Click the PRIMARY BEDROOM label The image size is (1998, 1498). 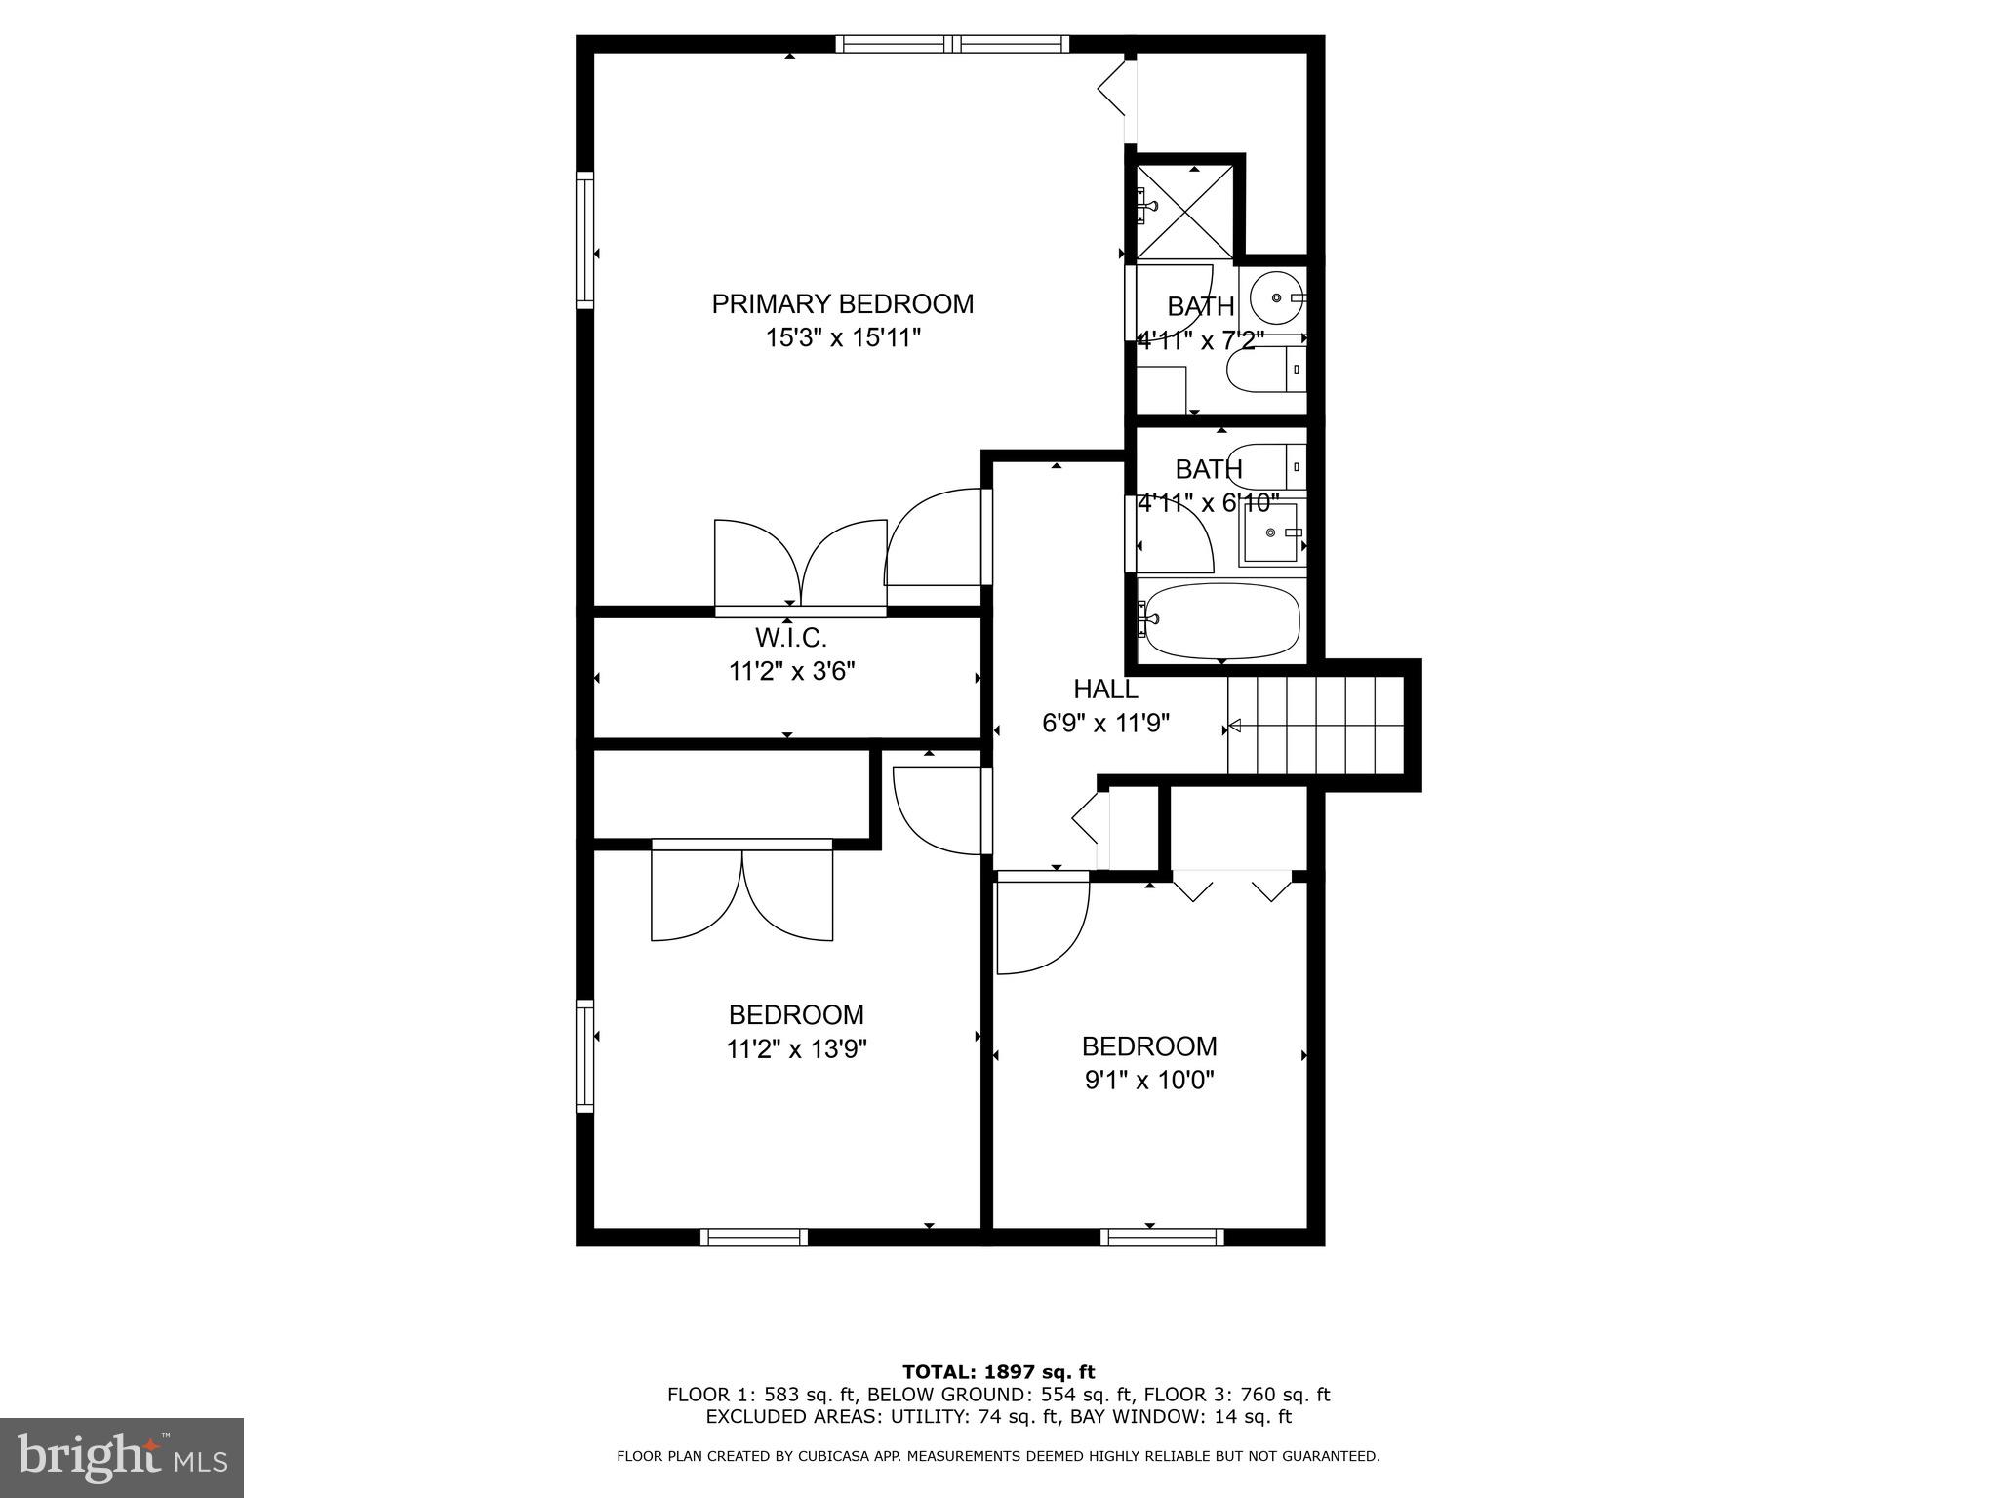coord(842,304)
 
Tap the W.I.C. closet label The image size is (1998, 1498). coord(790,639)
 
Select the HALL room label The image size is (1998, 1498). coord(1105,690)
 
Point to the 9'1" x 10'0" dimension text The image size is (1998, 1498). coord(1148,1081)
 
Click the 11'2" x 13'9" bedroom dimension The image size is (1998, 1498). coord(796,1049)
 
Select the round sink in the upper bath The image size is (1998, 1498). coord(1277,296)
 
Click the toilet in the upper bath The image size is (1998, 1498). coord(1266,370)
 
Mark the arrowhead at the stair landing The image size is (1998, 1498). coord(1234,725)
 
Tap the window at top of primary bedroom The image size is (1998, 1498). coord(952,44)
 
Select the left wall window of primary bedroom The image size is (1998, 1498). coord(584,240)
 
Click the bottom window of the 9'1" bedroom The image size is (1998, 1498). coord(1162,1238)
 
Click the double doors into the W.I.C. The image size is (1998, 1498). coord(801,565)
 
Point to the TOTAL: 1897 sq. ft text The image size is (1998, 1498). coord(998,1373)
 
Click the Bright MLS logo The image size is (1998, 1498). coord(122,1458)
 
